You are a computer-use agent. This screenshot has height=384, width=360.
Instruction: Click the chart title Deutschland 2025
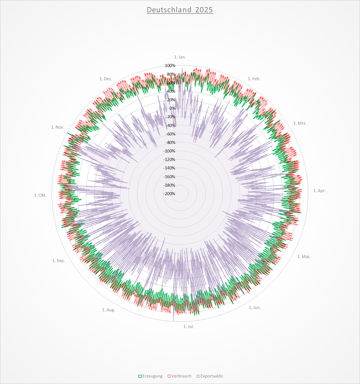[180, 10]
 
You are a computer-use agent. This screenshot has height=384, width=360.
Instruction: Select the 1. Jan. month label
[180, 57]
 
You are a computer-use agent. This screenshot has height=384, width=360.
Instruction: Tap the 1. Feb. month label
[254, 79]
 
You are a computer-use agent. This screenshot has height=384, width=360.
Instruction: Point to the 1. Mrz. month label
[300, 123]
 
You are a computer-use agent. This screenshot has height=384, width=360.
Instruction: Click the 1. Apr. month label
[319, 191]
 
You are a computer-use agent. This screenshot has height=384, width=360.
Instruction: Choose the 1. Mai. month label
[304, 257]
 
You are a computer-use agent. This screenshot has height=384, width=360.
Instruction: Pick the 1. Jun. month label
[255, 307]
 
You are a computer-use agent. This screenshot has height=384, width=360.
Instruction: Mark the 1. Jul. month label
[188, 326]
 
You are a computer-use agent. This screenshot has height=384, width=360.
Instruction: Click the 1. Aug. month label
[109, 310]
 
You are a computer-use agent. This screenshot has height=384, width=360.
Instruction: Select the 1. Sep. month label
[59, 261]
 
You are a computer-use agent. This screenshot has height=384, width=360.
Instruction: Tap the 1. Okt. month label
[41, 195]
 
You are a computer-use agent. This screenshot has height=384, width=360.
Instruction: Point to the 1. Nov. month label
[57, 127]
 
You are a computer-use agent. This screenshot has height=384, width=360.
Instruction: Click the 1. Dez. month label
[106, 79]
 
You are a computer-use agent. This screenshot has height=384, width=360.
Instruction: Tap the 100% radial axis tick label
[170, 66]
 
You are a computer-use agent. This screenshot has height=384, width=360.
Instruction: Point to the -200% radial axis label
[169, 194]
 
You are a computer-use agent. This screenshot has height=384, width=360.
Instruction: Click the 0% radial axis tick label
[172, 108]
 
